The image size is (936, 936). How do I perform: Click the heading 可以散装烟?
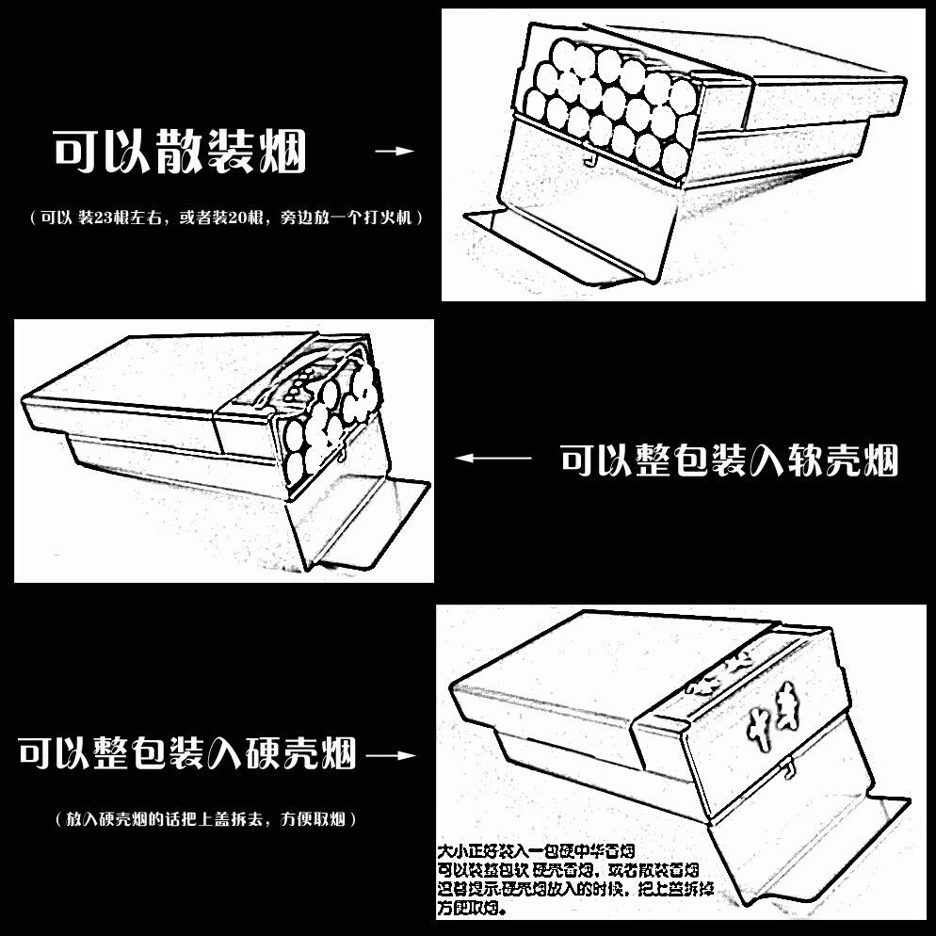(179, 152)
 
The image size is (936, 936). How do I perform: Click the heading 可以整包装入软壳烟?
(729, 460)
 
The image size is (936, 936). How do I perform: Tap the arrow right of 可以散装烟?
(395, 151)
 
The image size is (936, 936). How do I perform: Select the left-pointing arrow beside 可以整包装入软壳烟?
(493, 459)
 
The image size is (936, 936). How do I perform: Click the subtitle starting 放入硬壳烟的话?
(206, 819)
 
